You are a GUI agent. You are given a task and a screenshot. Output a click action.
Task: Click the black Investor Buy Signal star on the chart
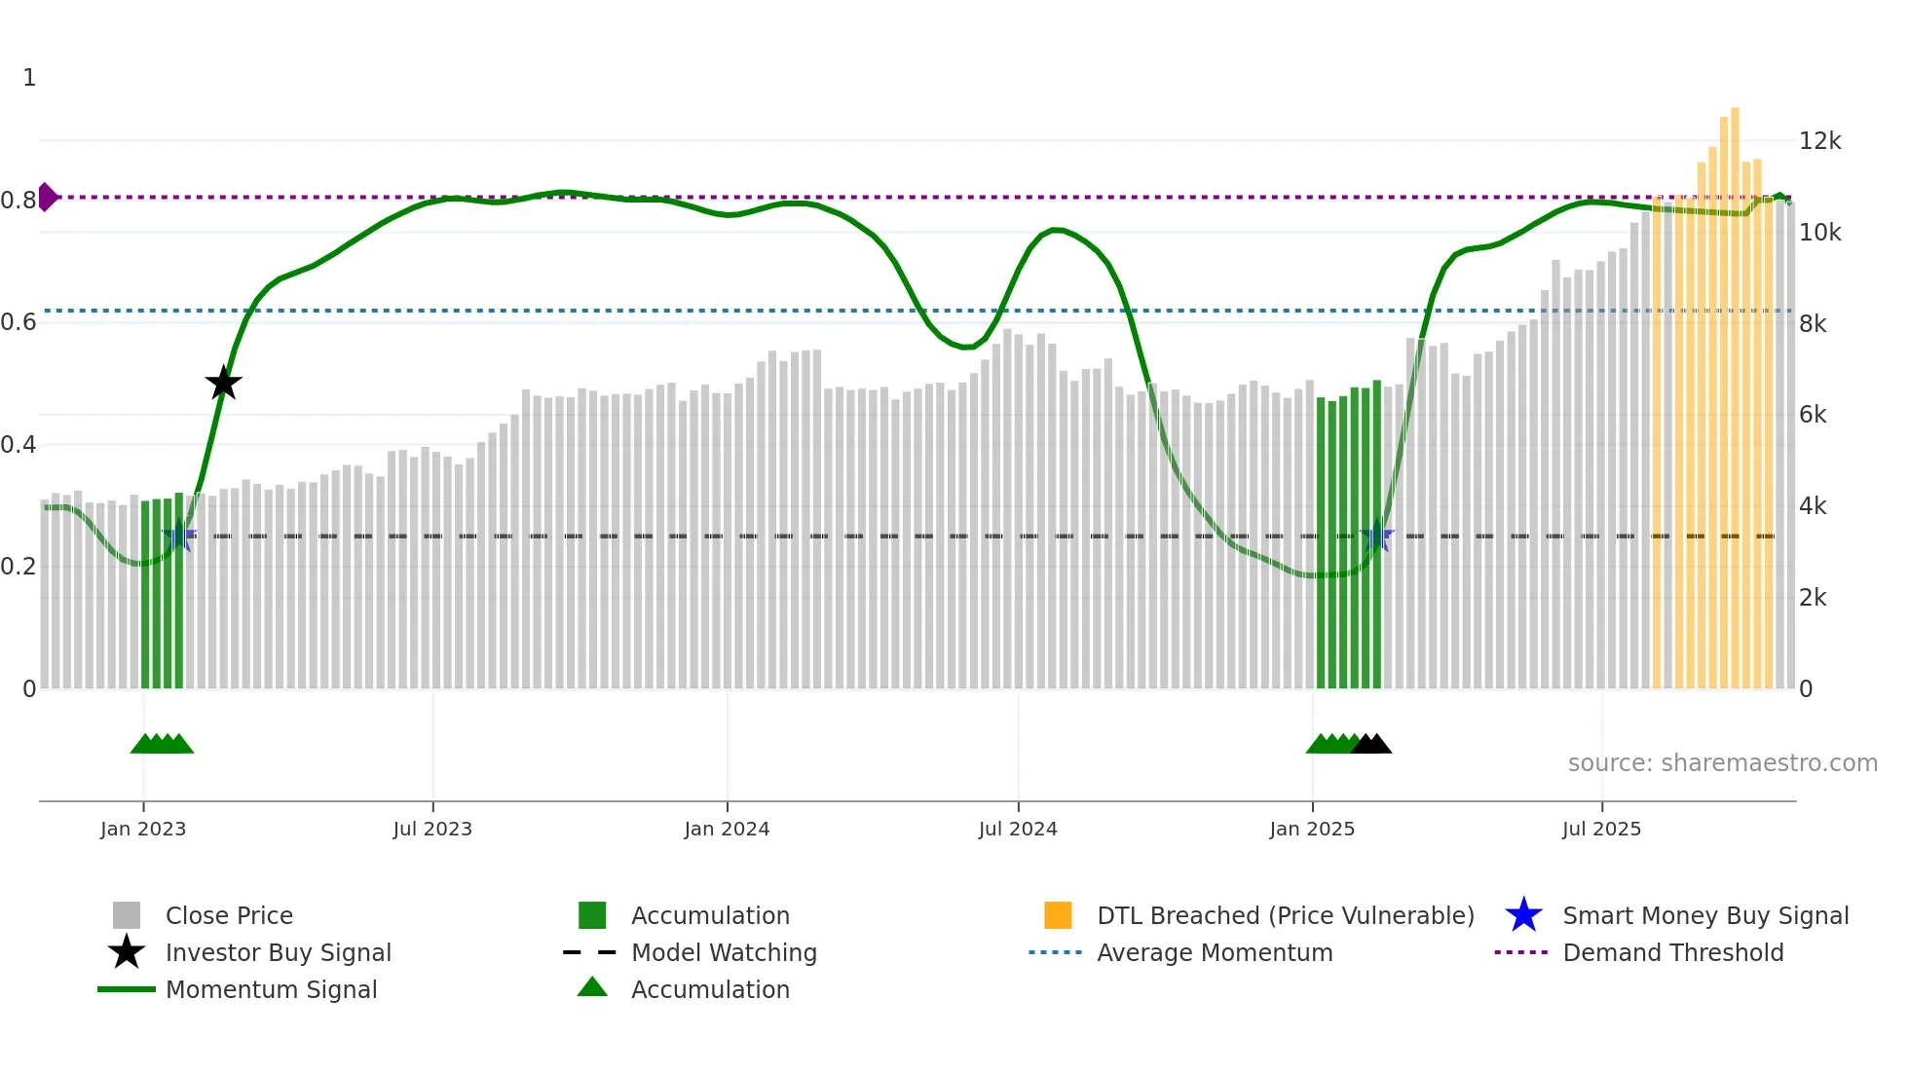(223, 383)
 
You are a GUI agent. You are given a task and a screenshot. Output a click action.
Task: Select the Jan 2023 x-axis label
(143, 830)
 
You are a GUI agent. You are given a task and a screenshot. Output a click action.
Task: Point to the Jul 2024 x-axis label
(1018, 830)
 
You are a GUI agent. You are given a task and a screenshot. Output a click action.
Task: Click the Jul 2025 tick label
(1601, 830)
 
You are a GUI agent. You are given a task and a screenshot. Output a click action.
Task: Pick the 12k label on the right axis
(1819, 141)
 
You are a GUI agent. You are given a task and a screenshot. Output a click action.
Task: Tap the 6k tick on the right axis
(1813, 415)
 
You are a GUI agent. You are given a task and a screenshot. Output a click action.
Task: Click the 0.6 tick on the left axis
(19, 322)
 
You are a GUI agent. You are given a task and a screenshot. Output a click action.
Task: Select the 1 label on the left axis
(29, 78)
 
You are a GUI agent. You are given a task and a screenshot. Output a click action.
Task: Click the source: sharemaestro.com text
(1722, 763)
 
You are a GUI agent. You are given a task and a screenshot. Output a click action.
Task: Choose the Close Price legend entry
(229, 916)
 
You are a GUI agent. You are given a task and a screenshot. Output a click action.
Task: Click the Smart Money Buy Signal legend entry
(1704, 916)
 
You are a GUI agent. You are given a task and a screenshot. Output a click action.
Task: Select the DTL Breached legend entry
(1285, 916)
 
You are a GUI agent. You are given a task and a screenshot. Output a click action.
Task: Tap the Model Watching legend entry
(724, 953)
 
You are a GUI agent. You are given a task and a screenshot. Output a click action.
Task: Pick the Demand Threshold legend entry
(1672, 953)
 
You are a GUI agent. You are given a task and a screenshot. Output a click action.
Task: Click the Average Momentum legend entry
(1214, 953)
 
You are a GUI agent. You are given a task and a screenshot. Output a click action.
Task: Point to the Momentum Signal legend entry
(271, 990)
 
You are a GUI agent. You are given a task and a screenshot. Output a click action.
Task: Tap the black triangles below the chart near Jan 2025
(1371, 744)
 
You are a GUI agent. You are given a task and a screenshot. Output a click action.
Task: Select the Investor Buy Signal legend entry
(278, 953)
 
